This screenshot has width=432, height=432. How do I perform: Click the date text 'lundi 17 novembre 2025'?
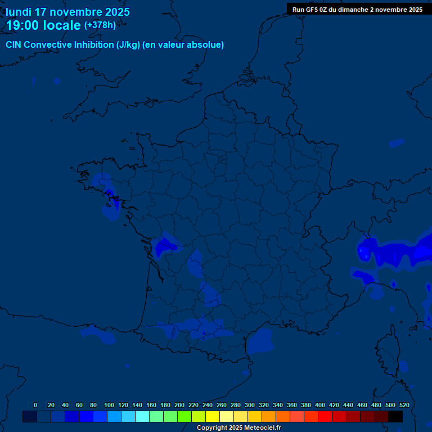tap(67, 12)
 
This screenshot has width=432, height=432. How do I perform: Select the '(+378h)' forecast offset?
tap(100, 25)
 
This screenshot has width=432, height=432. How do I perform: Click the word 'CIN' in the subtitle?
tap(13, 45)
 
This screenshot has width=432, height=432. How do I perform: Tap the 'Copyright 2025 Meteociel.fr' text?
tap(238, 428)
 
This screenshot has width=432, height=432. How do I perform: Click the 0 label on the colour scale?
tap(35, 405)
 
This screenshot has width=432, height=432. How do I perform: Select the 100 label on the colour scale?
tap(109, 405)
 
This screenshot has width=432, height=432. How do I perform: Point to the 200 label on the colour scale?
tap(179, 405)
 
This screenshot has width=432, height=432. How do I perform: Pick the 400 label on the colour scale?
tap(320, 405)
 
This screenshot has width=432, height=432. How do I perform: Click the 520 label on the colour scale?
tap(404, 405)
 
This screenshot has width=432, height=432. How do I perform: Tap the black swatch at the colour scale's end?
tap(395, 417)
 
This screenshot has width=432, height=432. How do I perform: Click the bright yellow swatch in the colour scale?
tap(213, 417)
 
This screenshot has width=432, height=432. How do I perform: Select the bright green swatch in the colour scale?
tap(184, 417)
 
